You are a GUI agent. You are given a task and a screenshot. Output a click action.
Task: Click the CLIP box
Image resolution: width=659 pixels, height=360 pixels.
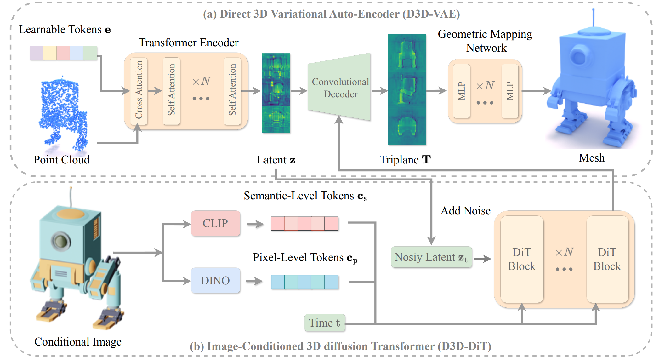click(x=215, y=223)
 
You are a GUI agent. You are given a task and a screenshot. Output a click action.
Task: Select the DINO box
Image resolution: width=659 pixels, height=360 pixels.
click(x=215, y=280)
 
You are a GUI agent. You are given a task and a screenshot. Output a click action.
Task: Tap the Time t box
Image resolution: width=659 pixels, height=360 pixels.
click(x=325, y=323)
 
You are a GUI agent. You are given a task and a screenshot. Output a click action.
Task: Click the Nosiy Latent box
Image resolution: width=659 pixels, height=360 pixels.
click(x=431, y=257)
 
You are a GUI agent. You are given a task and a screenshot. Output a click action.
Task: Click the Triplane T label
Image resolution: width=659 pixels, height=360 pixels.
click(x=405, y=160)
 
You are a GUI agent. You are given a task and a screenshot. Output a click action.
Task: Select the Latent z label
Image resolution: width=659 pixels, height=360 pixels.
click(x=276, y=160)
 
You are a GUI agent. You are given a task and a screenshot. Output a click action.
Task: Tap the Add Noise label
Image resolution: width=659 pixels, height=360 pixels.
click(x=465, y=211)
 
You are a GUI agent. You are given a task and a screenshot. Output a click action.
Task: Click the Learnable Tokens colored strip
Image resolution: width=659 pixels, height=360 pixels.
click(x=63, y=53)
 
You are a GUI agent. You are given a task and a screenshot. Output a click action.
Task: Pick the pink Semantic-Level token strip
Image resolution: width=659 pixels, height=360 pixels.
click(x=304, y=224)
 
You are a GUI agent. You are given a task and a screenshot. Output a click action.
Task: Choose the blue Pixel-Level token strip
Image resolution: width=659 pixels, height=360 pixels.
click(x=304, y=282)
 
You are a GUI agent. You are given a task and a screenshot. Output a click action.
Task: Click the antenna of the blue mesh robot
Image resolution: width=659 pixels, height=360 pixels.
click(x=594, y=17)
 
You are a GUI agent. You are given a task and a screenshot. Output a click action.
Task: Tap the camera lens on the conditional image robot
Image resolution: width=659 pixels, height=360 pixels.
click(x=60, y=241)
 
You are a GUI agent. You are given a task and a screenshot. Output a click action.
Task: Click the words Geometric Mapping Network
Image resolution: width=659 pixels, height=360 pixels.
click(x=485, y=41)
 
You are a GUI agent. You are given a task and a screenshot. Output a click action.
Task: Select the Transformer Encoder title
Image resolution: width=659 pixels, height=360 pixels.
click(x=189, y=43)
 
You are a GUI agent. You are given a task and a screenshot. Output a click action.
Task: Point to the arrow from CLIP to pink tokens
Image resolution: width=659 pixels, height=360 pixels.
click(x=255, y=224)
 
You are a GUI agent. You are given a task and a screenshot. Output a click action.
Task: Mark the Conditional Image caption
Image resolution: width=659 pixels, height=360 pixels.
click(x=78, y=342)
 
